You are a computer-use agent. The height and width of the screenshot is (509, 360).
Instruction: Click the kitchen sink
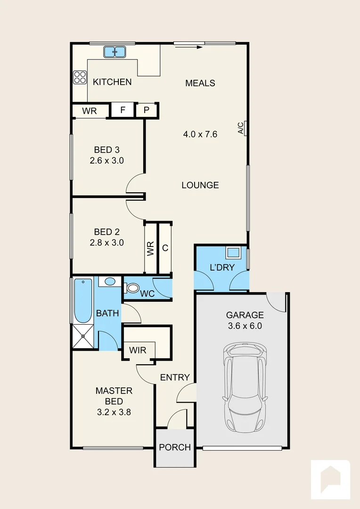[x=115, y=52]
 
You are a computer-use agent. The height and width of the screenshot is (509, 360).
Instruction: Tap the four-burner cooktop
[x=80, y=77]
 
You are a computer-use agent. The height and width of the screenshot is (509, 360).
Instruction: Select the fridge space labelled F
[x=123, y=110]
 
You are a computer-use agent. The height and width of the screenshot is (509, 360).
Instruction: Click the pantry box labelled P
[x=147, y=110]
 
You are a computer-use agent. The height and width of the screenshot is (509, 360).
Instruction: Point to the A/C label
[x=240, y=128]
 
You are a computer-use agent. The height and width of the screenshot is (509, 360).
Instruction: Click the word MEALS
[x=200, y=83]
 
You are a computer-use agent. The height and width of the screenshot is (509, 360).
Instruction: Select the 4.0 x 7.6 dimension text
[x=200, y=134]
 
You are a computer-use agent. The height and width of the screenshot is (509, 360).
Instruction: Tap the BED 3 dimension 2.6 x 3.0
[x=107, y=160]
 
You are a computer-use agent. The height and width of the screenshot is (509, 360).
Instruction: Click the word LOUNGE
[x=200, y=185]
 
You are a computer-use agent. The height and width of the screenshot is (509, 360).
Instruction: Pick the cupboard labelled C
[x=165, y=248]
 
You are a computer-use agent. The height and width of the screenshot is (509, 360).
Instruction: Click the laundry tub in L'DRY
[x=233, y=252]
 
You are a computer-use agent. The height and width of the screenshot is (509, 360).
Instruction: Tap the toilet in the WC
[x=131, y=287]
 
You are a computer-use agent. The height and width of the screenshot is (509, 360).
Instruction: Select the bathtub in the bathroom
[x=83, y=301]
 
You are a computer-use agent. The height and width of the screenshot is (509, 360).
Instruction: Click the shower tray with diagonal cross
[x=83, y=337]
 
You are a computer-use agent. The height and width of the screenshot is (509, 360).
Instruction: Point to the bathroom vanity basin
[x=110, y=281]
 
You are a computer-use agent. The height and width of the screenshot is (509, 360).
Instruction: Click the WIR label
[x=138, y=350]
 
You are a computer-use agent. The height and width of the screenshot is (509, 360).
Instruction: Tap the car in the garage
[x=245, y=387]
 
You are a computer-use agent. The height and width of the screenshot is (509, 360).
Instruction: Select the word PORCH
[x=175, y=447]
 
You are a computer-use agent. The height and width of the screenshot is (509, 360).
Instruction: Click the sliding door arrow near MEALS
[x=188, y=47]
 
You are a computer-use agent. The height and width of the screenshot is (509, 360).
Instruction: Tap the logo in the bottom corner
[x=330, y=479]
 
